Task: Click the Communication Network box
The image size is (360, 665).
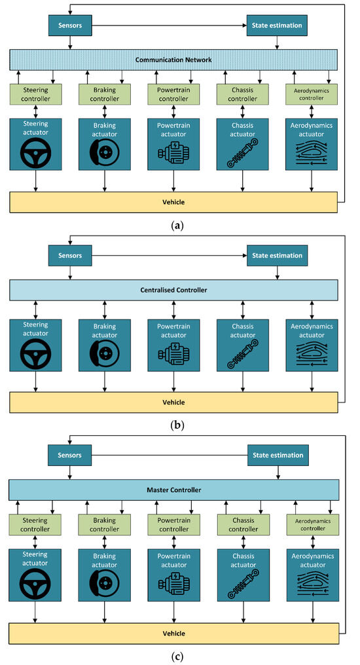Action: (x=173, y=60)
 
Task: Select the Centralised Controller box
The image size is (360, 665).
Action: (x=173, y=289)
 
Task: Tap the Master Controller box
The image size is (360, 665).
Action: (x=173, y=490)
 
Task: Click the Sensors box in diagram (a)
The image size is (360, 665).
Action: (x=71, y=25)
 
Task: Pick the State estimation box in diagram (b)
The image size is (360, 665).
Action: (x=277, y=255)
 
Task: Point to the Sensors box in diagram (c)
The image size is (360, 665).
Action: (x=71, y=455)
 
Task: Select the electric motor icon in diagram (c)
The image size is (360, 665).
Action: (x=173, y=582)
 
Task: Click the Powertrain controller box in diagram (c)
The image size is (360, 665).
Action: (x=173, y=525)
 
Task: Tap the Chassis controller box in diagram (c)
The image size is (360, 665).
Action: (x=243, y=525)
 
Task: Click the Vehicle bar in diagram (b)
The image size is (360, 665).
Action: (x=173, y=402)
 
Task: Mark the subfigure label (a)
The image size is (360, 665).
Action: (x=177, y=224)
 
